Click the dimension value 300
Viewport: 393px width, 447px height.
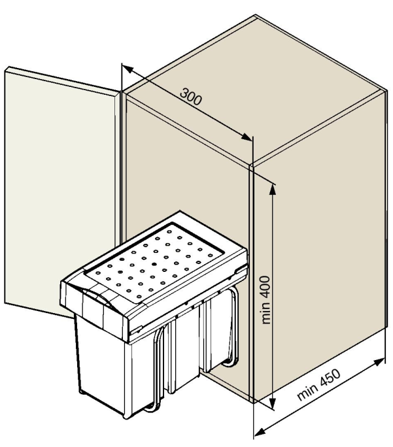coord(191,97)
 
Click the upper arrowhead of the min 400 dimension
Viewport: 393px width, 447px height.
coord(273,190)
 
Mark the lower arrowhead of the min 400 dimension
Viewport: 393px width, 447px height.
coord(273,405)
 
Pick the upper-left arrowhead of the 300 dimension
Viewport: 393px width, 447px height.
coord(128,69)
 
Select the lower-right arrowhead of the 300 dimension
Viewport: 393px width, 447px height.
coord(247,137)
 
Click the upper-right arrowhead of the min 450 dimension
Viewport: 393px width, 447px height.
coord(379,362)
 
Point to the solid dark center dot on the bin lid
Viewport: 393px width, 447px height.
coord(154,264)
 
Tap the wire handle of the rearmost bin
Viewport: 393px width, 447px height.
coord(232,328)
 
